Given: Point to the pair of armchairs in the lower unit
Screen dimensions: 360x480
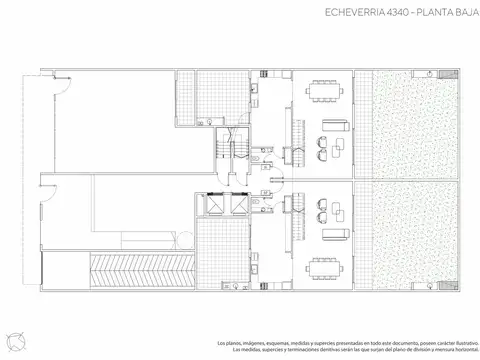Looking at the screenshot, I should [x=324, y=216].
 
